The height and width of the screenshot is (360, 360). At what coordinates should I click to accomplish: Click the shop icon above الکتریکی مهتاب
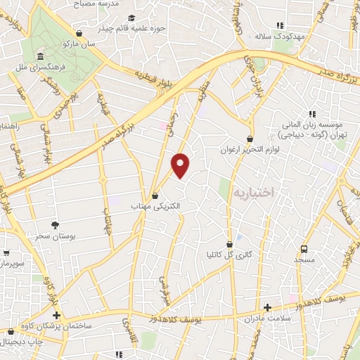coord(155,195)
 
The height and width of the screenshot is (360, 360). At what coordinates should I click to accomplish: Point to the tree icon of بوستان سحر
coord(55,225)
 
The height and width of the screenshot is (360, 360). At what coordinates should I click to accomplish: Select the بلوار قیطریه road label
coord(153,75)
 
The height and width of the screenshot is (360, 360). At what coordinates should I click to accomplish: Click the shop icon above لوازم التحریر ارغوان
coord(250,139)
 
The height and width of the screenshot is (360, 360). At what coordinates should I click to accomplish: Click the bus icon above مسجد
coord(304,249)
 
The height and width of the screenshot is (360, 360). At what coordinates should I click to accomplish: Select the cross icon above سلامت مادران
coord(267,307)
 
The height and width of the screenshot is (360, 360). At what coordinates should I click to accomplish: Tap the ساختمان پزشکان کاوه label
coord(57,327)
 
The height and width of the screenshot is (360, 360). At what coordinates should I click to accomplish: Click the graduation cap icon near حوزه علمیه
coord(131,18)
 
